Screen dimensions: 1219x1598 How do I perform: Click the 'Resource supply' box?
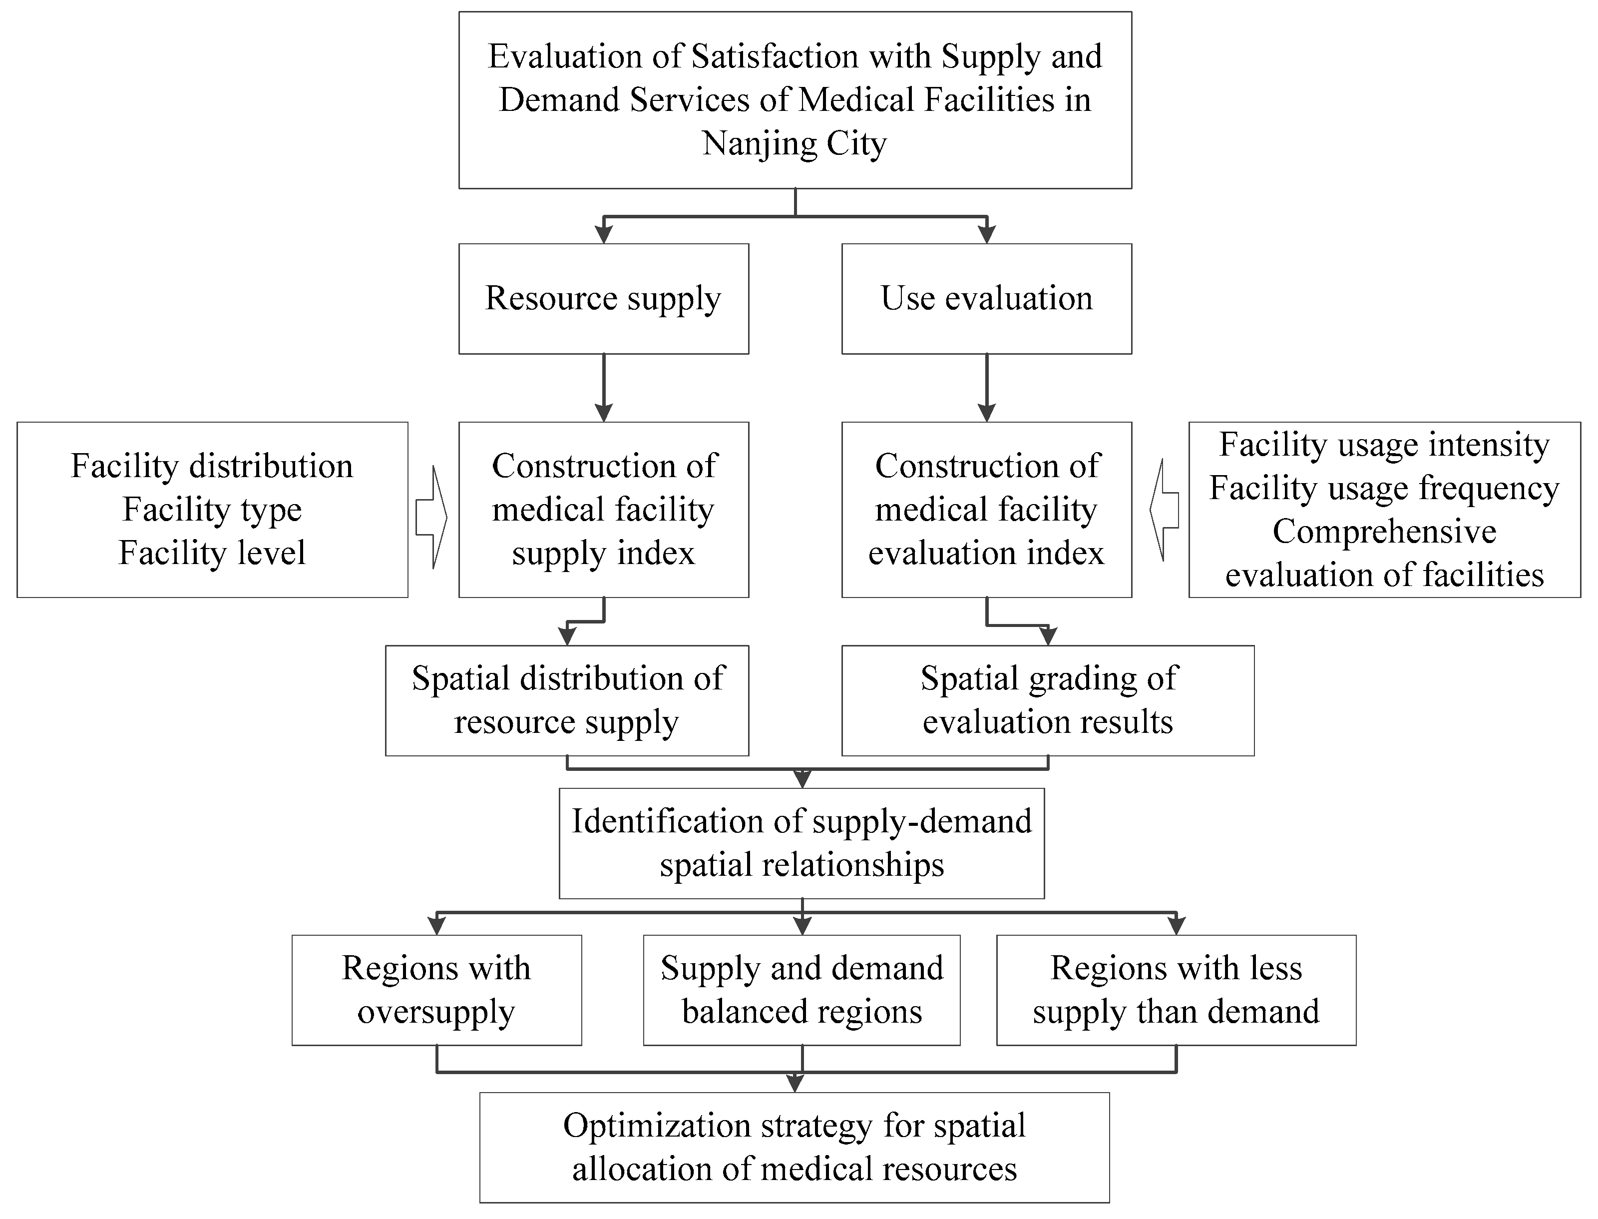coord(604,299)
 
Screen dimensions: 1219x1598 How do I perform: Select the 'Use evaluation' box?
coord(986,299)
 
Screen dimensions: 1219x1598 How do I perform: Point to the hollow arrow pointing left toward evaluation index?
coord(1164,510)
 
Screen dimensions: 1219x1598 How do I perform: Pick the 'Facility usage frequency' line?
coord(1384,488)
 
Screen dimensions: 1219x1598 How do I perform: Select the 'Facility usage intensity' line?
coord(1384,445)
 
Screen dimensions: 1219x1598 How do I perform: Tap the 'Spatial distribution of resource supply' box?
coord(567,701)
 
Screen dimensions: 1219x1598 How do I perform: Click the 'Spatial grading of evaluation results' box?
coord(1048,701)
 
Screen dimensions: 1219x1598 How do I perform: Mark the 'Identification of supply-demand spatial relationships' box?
coord(801,844)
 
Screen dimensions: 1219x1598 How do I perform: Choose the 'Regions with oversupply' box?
coord(436,990)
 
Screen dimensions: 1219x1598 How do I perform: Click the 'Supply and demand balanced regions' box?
coord(801,990)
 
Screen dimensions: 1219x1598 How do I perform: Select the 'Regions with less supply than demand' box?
coord(1176,990)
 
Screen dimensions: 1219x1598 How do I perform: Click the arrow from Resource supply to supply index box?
coord(604,388)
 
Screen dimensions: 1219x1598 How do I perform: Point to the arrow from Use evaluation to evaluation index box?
coord(986,388)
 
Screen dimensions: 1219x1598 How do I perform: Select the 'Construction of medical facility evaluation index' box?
coord(986,510)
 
